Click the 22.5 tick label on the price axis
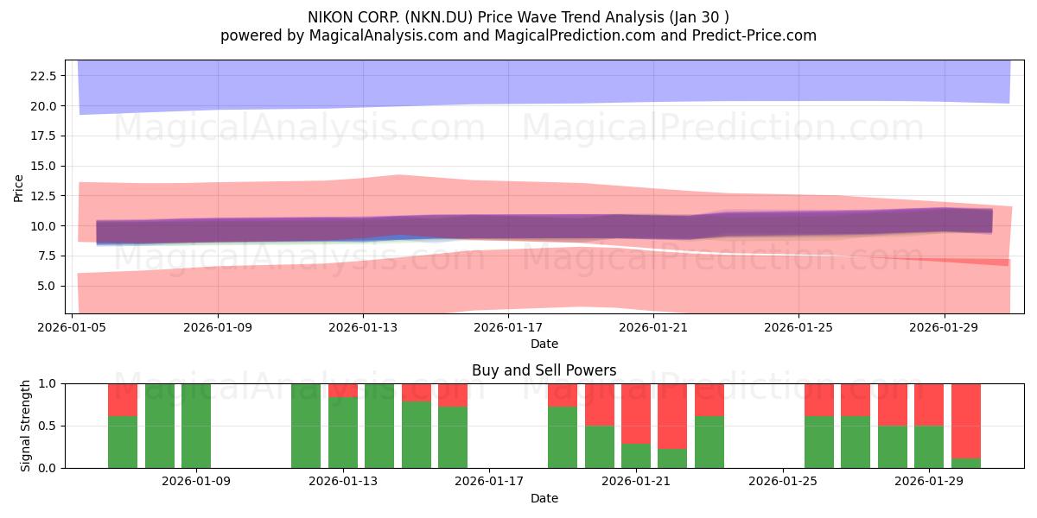[43, 76]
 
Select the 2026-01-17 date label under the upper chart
[508, 327]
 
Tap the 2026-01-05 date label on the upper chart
[72, 327]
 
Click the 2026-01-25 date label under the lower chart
[782, 481]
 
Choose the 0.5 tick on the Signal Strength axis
[47, 426]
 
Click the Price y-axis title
[18, 188]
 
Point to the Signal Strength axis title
[25, 426]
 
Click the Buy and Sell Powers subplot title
[544, 370]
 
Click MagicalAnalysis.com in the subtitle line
[384, 35]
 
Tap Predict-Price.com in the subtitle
[754, 35]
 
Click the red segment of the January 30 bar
[966, 421]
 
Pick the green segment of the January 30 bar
[966, 463]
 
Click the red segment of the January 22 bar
[672, 416]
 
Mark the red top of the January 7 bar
[123, 400]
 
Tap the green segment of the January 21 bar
[636, 456]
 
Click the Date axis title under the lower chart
[544, 498]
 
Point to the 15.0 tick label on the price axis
[43, 166]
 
